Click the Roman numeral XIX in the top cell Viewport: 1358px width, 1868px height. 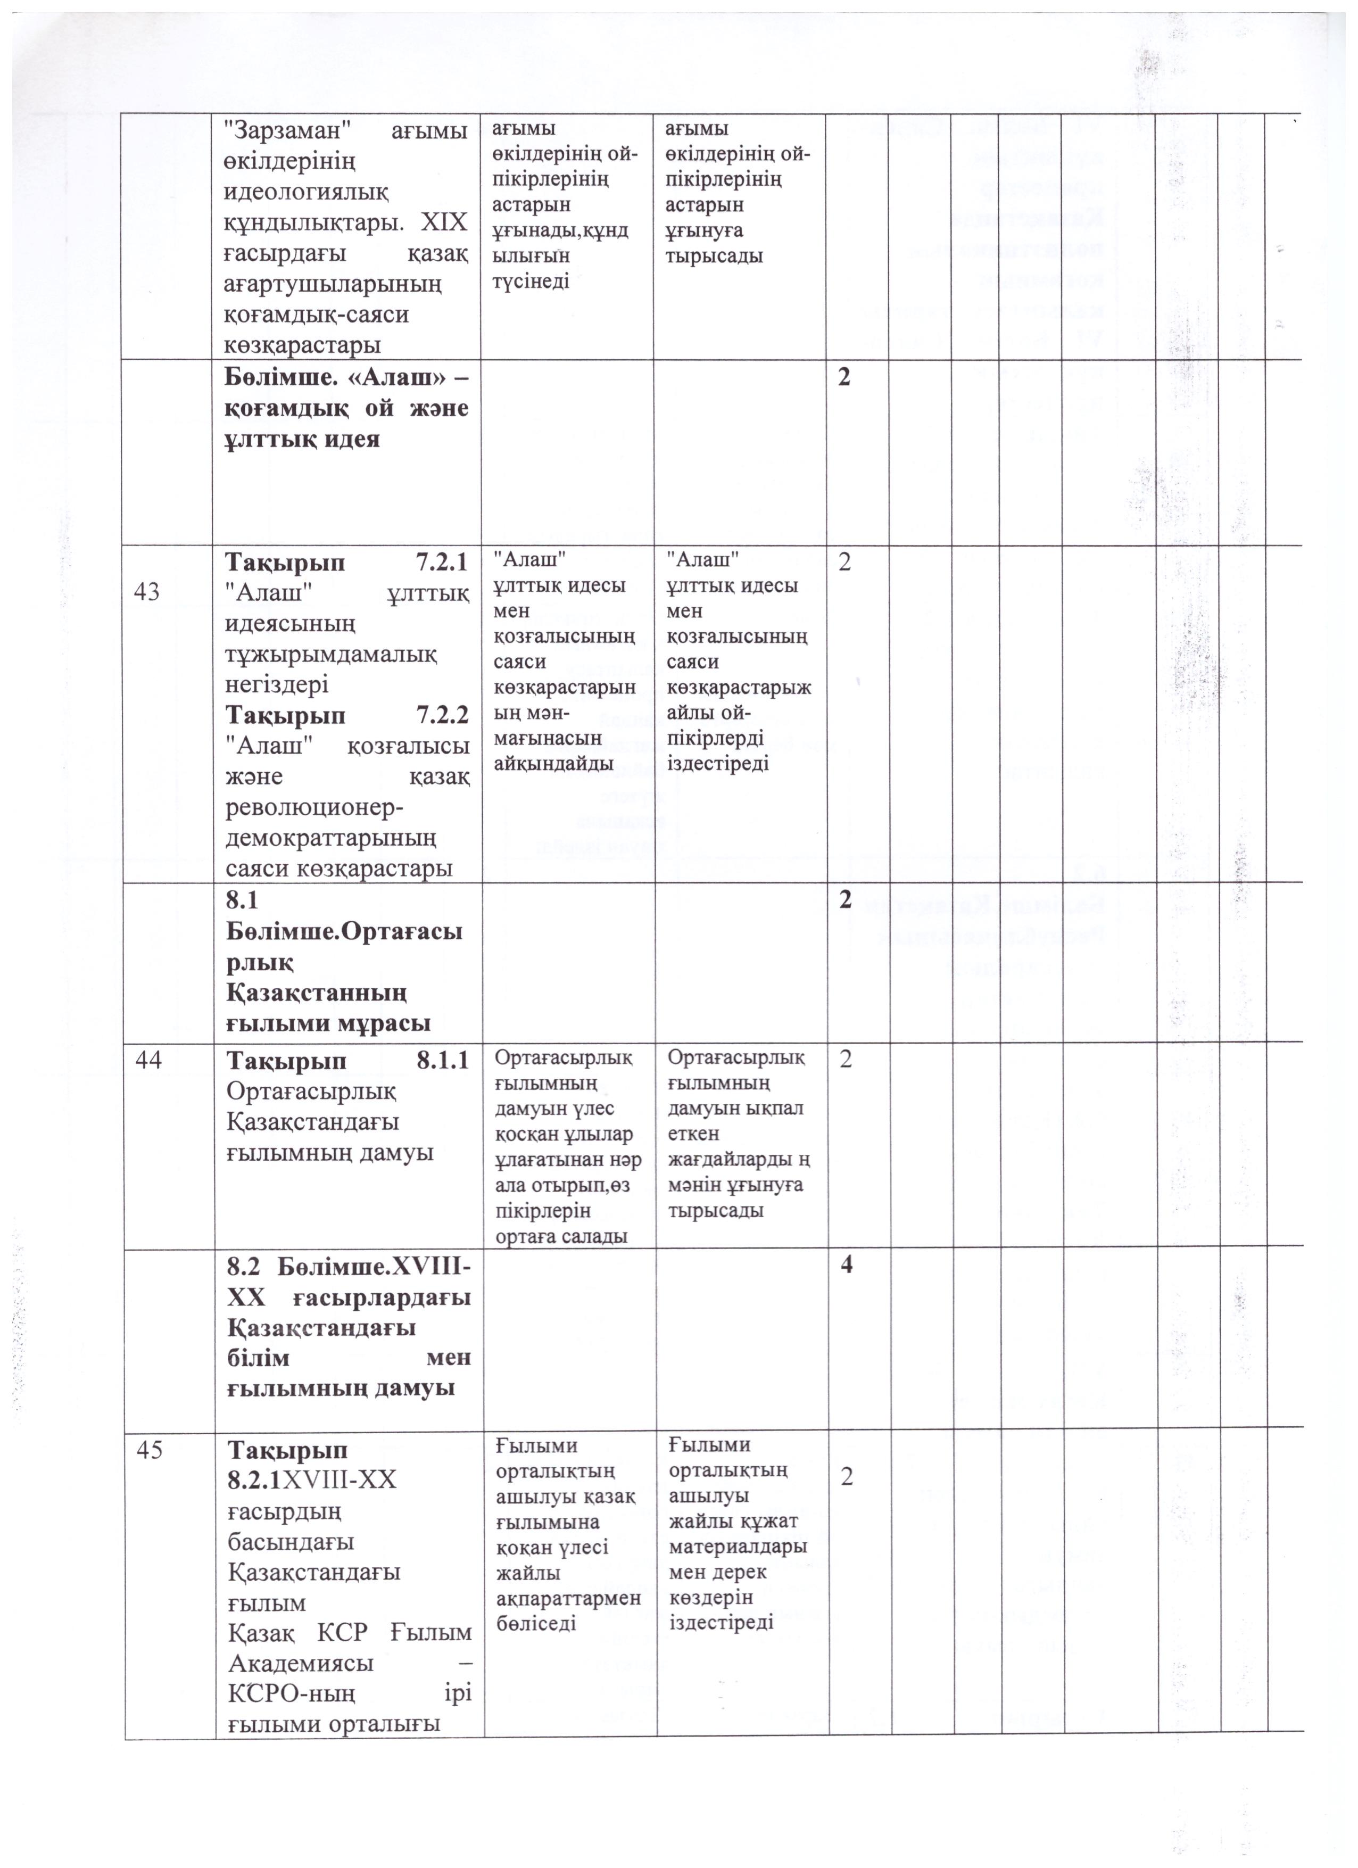coord(445,222)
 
